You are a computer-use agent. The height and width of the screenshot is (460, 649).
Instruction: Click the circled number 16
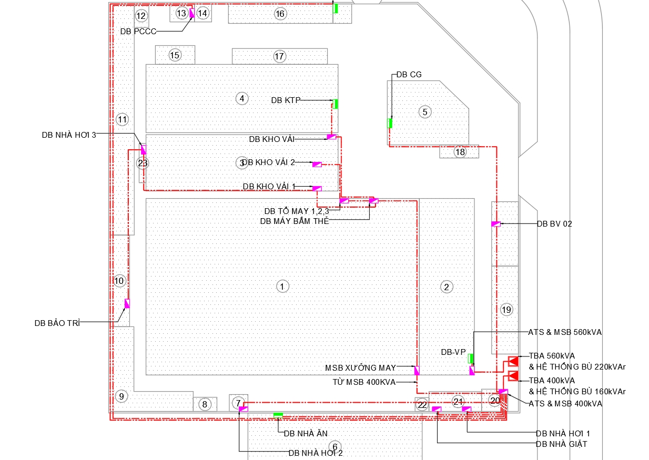point(280,14)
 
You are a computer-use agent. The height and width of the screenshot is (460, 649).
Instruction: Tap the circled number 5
point(425,112)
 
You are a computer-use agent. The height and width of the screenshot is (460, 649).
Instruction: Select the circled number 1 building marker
point(282,287)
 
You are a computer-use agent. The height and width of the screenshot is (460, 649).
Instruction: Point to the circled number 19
point(506,310)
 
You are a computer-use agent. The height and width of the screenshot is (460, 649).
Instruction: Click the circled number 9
point(121,396)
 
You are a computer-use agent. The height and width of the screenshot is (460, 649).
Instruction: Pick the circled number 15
point(175,55)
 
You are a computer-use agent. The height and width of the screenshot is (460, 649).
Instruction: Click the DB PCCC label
point(138,32)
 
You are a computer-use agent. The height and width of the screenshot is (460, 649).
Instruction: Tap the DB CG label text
point(409,75)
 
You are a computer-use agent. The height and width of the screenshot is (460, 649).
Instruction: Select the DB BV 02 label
point(554,223)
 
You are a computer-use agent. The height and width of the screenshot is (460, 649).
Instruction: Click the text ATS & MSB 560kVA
point(565,332)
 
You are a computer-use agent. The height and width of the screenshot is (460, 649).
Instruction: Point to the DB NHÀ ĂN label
point(306,433)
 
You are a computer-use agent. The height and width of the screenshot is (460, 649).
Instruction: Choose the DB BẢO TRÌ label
point(57,323)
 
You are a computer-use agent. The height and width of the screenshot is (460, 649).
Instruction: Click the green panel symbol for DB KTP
point(335,104)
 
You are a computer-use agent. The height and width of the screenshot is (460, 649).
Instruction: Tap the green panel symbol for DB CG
point(390,123)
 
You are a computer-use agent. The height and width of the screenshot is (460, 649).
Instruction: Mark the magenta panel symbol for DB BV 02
point(496,224)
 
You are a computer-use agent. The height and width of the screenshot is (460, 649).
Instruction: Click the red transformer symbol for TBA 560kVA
point(513,361)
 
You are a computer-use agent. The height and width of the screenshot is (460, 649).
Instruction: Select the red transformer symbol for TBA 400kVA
point(513,376)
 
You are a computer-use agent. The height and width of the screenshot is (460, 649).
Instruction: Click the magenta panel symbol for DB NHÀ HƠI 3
point(144,150)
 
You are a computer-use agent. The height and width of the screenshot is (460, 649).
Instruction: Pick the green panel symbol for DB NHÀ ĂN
point(278,415)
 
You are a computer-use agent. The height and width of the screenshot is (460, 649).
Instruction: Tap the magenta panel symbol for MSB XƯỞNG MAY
point(417,371)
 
